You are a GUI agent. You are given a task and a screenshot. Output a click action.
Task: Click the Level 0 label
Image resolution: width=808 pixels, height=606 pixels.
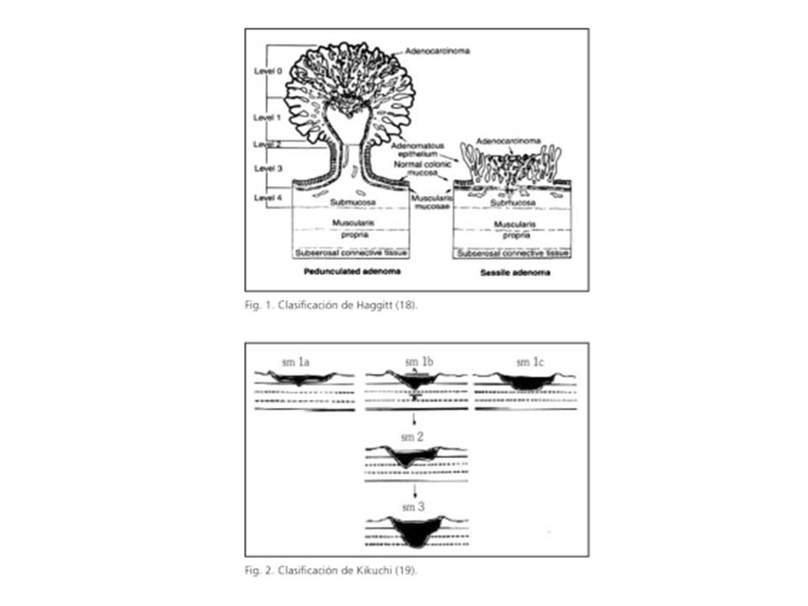click(267, 72)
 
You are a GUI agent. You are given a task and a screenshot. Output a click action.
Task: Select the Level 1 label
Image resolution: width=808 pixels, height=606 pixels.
click(267, 117)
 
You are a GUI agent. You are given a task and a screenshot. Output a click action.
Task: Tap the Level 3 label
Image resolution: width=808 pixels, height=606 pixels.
click(267, 169)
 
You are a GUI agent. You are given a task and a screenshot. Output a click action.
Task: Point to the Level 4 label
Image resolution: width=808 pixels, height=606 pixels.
click(267, 198)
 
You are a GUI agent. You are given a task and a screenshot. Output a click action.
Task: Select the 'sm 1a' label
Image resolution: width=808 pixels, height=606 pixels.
click(295, 363)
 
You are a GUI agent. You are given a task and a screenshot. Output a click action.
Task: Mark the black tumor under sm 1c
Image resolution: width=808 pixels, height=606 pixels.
click(522, 383)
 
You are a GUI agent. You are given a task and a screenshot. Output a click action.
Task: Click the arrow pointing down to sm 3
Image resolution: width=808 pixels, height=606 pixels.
click(414, 492)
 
